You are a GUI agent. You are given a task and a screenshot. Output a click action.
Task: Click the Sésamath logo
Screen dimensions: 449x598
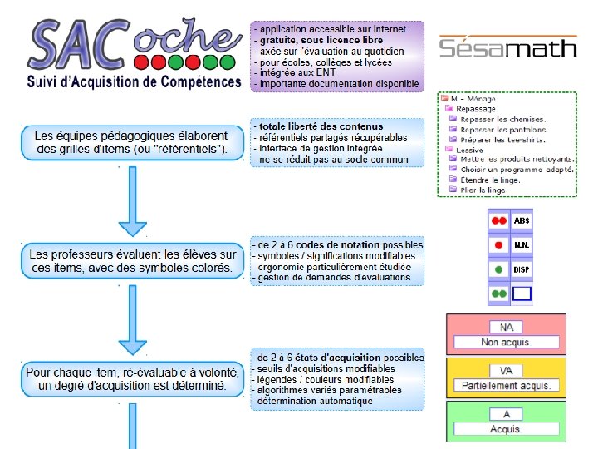[x=507, y=46]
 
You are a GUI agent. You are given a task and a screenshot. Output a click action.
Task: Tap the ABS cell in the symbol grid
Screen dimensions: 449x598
[x=522, y=220]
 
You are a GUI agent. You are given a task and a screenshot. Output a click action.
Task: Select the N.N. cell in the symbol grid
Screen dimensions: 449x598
[x=522, y=245]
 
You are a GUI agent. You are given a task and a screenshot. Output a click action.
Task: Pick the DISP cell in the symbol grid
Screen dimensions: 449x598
[x=522, y=269]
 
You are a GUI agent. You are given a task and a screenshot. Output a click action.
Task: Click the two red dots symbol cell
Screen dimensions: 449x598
[x=498, y=220]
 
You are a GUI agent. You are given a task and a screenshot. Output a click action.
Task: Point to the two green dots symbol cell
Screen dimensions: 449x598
[x=498, y=294]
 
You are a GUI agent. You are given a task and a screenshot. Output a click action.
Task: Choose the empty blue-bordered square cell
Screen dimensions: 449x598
[x=522, y=294]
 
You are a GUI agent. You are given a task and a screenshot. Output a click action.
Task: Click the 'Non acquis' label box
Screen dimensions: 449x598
[x=507, y=342]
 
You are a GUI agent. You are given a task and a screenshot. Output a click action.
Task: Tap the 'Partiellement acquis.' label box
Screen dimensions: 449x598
[x=507, y=386]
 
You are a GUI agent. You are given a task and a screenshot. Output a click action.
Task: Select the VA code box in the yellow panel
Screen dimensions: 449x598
[x=507, y=370]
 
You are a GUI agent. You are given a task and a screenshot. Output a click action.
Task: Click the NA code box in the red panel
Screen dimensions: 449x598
[x=507, y=327]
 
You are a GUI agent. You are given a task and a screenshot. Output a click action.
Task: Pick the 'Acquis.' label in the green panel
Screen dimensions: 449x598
[x=507, y=429]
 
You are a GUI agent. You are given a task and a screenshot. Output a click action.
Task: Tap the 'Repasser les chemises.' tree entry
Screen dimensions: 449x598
[x=503, y=119]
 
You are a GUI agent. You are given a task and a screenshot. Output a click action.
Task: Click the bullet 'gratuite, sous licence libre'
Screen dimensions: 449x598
[x=321, y=40]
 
